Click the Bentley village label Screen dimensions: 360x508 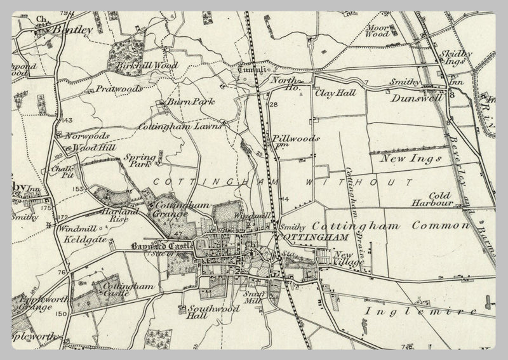tap(72, 29)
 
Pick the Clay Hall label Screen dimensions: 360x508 tap(335, 93)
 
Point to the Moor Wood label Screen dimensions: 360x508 tap(377, 30)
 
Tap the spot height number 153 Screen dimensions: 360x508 tap(79, 189)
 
